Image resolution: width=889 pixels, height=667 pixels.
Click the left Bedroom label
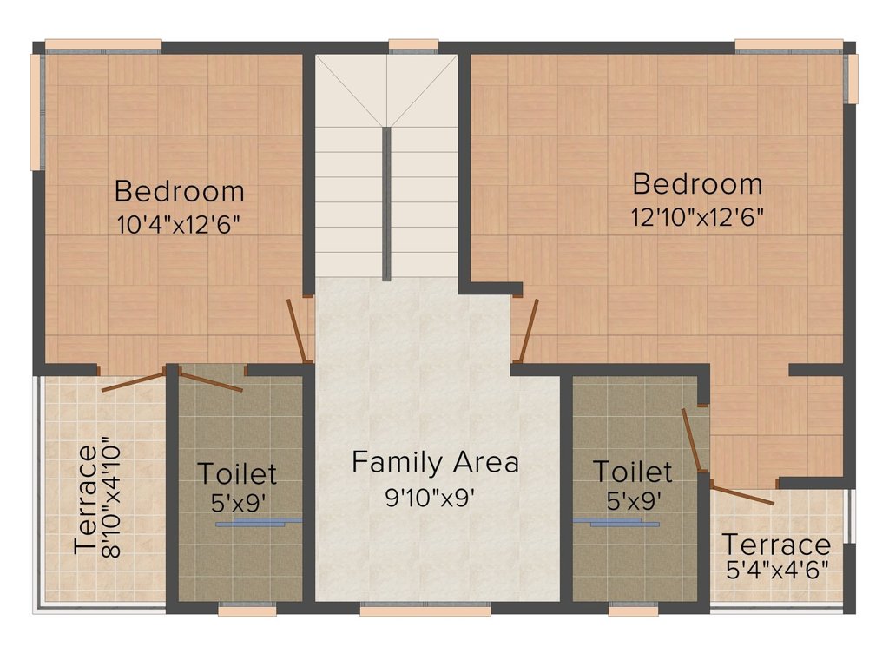pos(179,190)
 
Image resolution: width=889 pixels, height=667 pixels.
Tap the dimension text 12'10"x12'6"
pos(697,216)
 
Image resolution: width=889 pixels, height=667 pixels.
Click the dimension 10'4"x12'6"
pos(178,223)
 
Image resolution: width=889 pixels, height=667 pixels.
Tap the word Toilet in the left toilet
pos(237,474)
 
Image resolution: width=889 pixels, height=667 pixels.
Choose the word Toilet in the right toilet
pos(632,472)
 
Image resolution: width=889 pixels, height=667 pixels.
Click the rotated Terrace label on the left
pos(85,499)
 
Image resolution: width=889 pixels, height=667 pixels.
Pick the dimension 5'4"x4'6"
pos(777,570)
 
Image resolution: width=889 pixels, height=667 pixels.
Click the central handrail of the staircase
pos(386,203)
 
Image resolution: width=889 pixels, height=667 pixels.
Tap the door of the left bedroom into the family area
pos(299,331)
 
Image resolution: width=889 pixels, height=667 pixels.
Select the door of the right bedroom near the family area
pos(527,329)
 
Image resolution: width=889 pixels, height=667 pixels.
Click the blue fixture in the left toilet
pos(259,522)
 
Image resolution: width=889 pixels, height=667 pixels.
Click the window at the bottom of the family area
pos(425,611)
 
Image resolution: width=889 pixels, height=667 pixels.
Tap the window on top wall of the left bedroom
pos(103,43)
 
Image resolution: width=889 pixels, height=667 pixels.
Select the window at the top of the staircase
pos(413,43)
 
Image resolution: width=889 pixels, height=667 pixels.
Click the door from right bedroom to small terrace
pos(743,495)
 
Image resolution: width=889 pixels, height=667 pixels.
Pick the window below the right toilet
pos(633,611)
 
